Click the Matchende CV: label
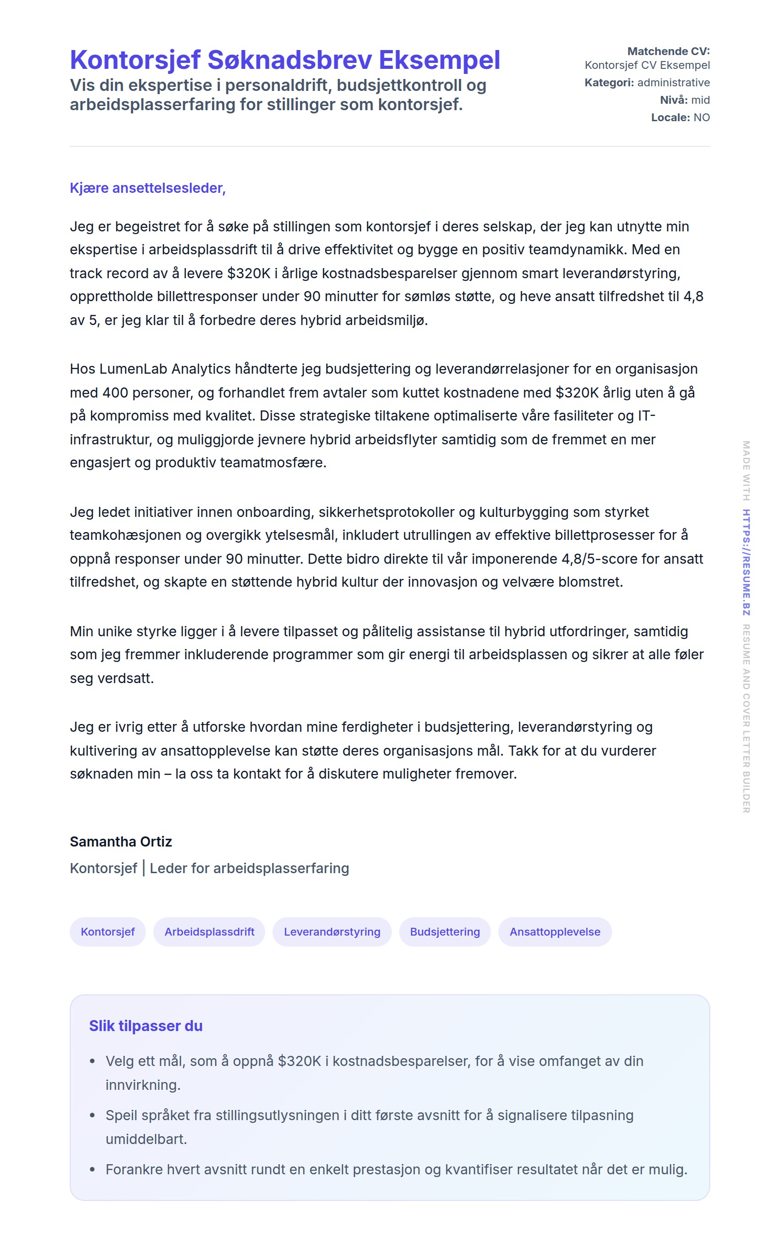pyautogui.click(x=668, y=51)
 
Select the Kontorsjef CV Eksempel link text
pyautogui.click(x=647, y=65)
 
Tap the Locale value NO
pyautogui.click(x=701, y=117)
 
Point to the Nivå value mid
pyautogui.click(x=700, y=100)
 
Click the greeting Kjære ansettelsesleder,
pyautogui.click(x=148, y=188)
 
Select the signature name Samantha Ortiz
pyautogui.click(x=121, y=841)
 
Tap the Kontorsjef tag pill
pyautogui.click(x=107, y=932)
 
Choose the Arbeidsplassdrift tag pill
pyautogui.click(x=209, y=932)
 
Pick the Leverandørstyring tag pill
pyautogui.click(x=332, y=932)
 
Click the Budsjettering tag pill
pyautogui.click(x=445, y=932)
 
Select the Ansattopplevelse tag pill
pyautogui.click(x=555, y=932)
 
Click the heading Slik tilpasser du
pyautogui.click(x=145, y=1026)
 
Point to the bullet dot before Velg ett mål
pyautogui.click(x=92, y=1062)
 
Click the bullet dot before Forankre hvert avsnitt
pyautogui.click(x=92, y=1170)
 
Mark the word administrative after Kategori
pyautogui.click(x=673, y=83)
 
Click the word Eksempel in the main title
pyautogui.click(x=439, y=60)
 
